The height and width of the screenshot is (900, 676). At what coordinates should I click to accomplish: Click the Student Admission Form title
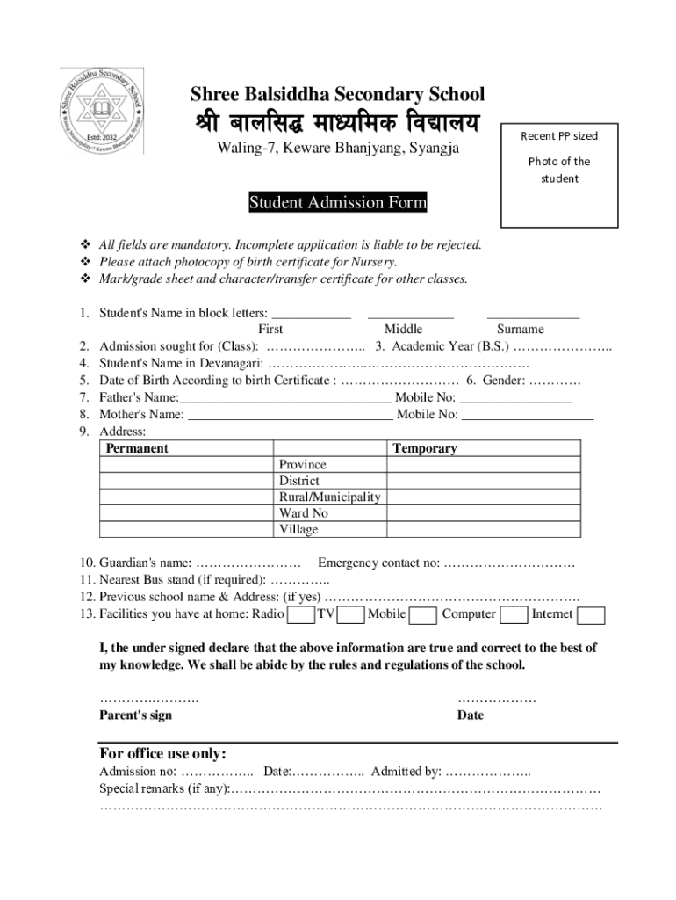(338, 203)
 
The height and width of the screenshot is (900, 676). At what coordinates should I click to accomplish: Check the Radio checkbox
(301, 614)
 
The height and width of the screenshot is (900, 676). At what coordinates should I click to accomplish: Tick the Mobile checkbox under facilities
(423, 614)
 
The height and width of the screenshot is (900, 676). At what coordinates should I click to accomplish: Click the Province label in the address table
(302, 464)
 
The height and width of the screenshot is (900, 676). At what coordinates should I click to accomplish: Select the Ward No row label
(303, 512)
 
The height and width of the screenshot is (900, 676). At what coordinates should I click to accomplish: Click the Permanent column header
(137, 448)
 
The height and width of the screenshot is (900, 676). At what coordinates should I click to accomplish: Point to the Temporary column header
(425, 448)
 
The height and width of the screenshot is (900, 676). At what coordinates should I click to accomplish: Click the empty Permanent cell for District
(186, 481)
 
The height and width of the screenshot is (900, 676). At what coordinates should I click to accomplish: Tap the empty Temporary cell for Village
(484, 529)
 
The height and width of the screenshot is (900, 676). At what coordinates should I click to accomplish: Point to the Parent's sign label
(136, 715)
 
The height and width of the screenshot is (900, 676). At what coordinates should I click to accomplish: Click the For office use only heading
(163, 754)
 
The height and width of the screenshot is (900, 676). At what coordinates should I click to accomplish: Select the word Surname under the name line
(521, 329)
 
